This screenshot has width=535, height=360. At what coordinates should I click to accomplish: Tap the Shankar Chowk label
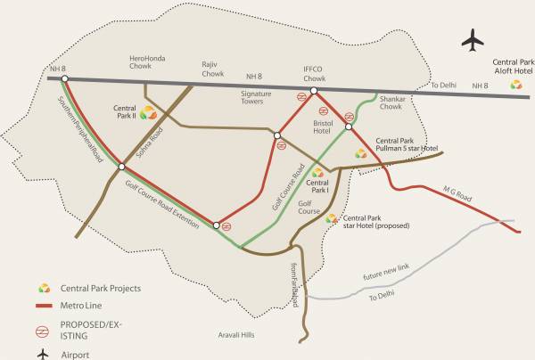pos(391,103)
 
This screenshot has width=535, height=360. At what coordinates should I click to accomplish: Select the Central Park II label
pos(124,111)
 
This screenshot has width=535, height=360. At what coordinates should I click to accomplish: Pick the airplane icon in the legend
pos(41,354)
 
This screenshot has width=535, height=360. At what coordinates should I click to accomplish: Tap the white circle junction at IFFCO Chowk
pos(314,89)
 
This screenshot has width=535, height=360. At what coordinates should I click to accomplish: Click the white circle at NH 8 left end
pos(65,78)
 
